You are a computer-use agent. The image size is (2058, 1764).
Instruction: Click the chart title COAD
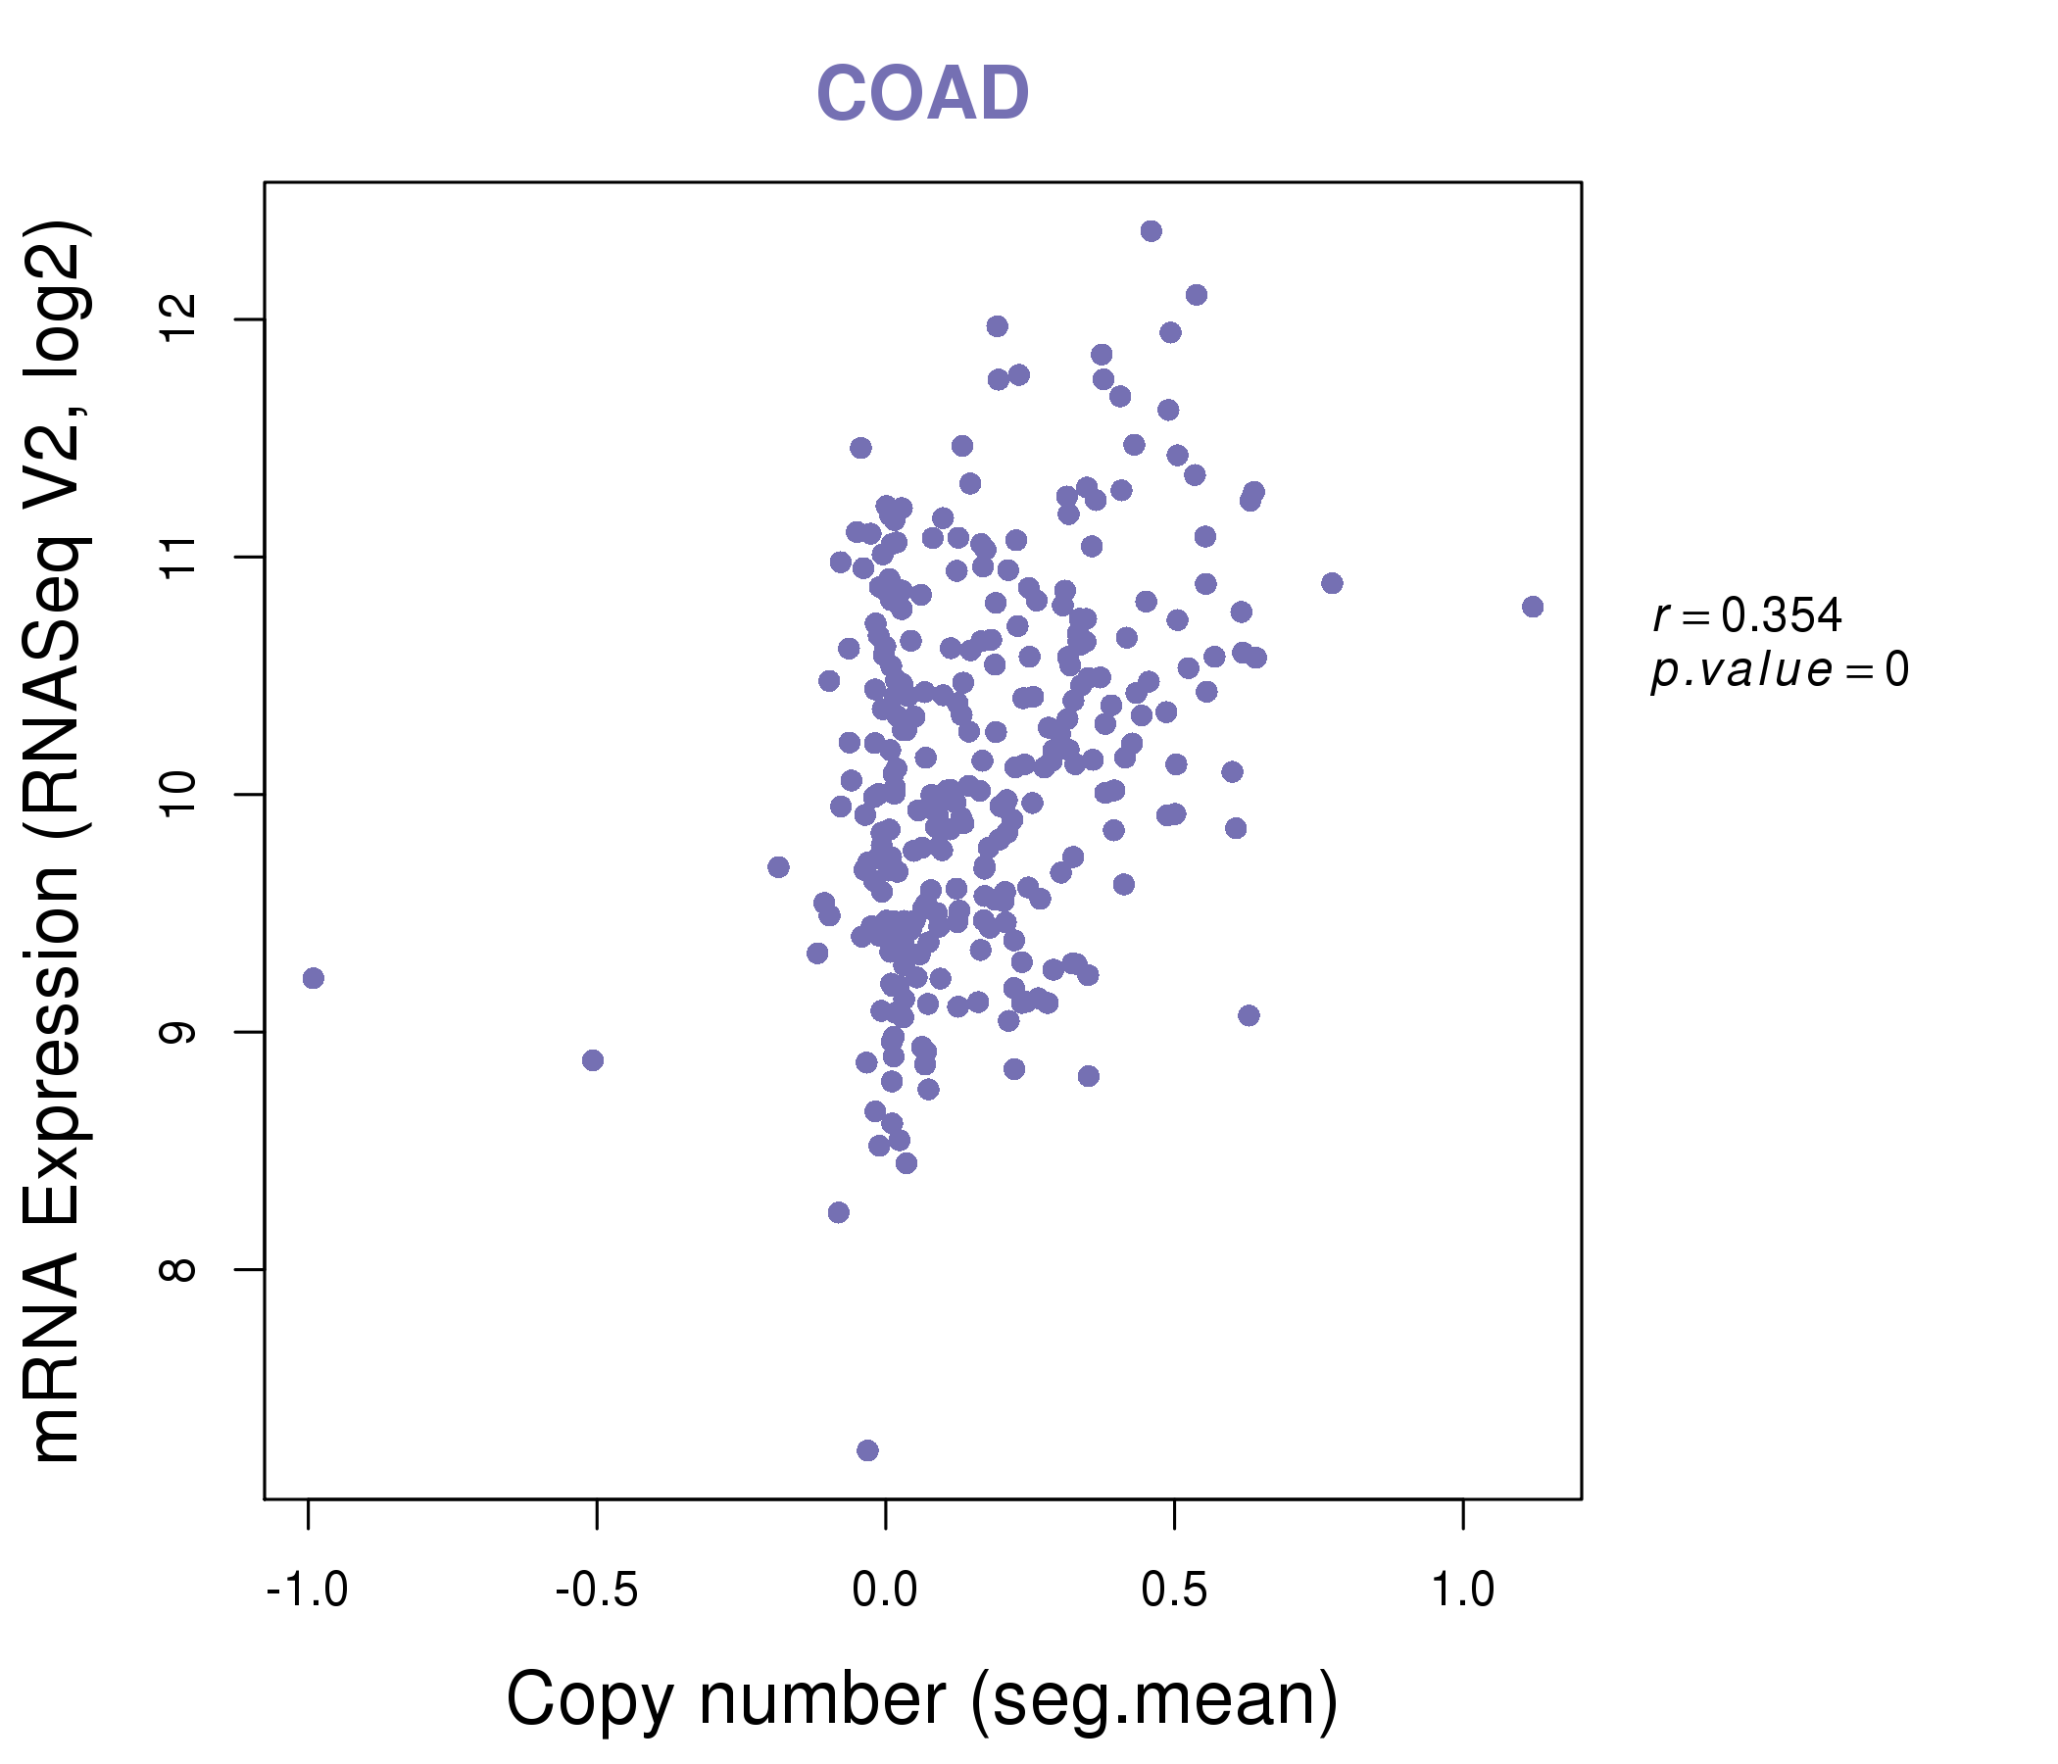tap(922, 94)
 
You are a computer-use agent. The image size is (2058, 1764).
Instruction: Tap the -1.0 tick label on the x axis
tap(307, 1591)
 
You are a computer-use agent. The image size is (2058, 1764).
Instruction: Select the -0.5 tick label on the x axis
tap(596, 1591)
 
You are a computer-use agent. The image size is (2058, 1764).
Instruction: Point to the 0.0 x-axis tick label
tap(885, 1591)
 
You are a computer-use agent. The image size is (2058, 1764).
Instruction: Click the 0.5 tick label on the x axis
tap(1174, 1591)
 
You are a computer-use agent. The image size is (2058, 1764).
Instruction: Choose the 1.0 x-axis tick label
tap(1462, 1591)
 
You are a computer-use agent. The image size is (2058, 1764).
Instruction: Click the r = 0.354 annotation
tap(1747, 615)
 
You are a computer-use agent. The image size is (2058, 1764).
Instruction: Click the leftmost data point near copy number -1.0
tap(313, 978)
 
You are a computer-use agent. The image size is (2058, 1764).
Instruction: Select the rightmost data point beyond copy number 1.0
tap(1533, 607)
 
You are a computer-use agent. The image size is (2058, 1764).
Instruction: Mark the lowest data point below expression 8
tap(867, 1450)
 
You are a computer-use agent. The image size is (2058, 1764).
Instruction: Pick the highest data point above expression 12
tap(1151, 231)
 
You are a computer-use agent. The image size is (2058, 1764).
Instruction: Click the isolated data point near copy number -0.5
tap(593, 1059)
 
